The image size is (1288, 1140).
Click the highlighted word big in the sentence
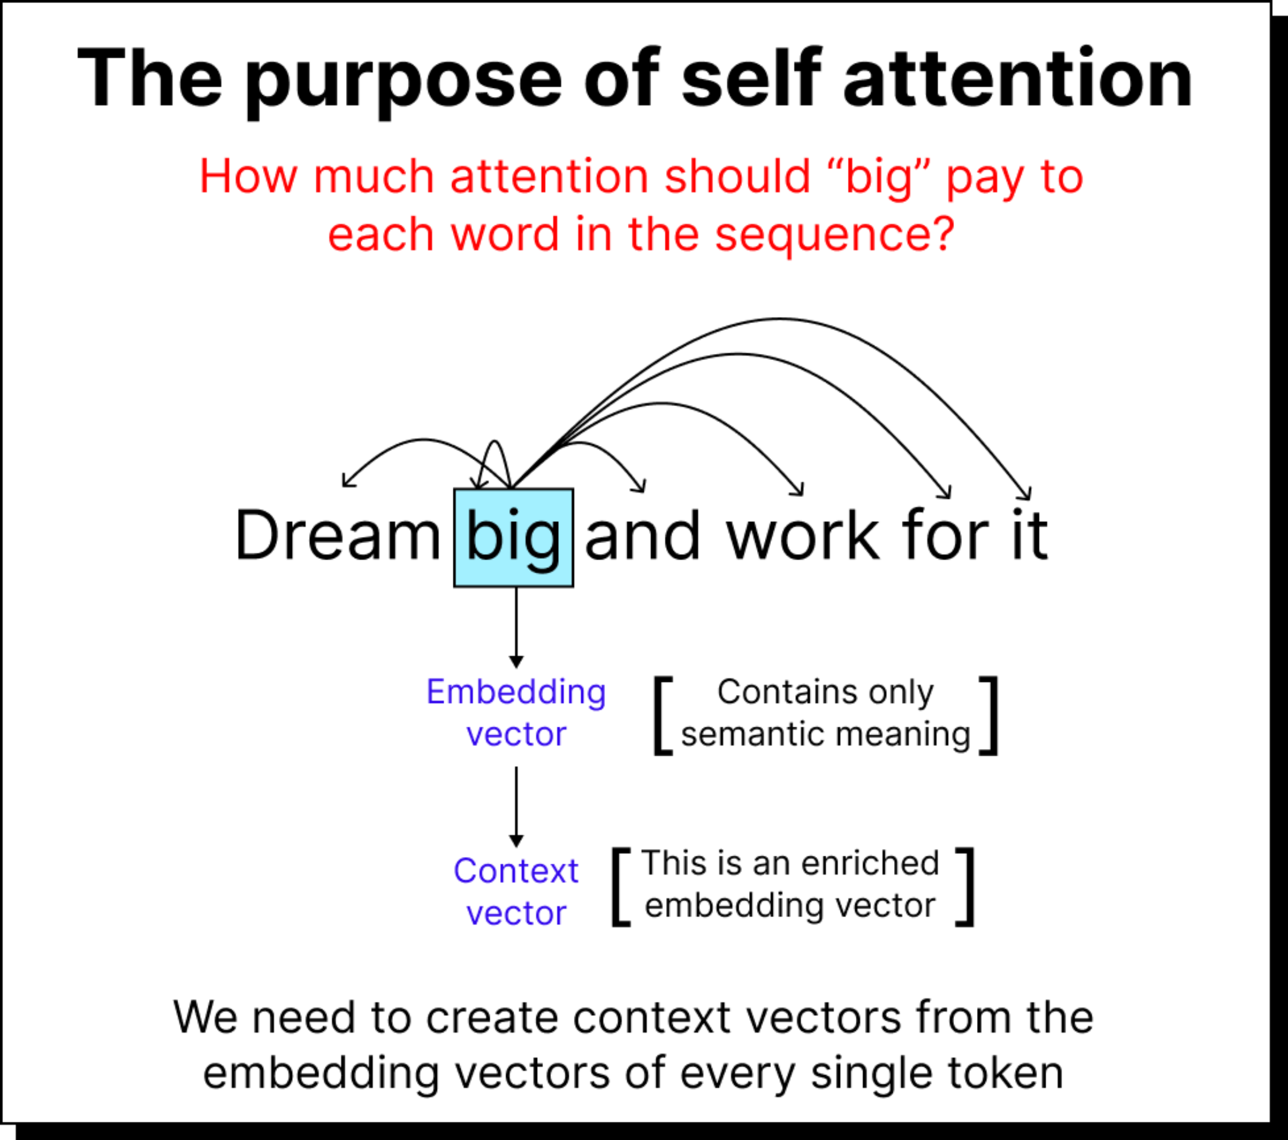pyautogui.click(x=513, y=537)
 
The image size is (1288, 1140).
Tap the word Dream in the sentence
pyautogui.click(x=337, y=536)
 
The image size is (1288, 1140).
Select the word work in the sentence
pyautogui.click(x=802, y=536)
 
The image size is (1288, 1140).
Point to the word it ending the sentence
pyautogui.click(x=1030, y=536)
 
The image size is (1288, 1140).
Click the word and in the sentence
pyautogui.click(x=642, y=536)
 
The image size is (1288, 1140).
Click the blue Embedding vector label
pyautogui.click(x=516, y=713)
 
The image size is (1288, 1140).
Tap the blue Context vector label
pyautogui.click(x=516, y=892)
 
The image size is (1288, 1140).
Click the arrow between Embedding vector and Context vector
pyautogui.click(x=516, y=807)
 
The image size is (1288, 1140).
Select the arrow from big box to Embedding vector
pyautogui.click(x=516, y=628)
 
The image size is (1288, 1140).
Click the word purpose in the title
pyautogui.click(x=403, y=81)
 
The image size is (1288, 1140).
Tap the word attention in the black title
pyautogui.click(x=1018, y=79)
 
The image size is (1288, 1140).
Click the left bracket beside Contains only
pyautogui.click(x=662, y=715)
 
